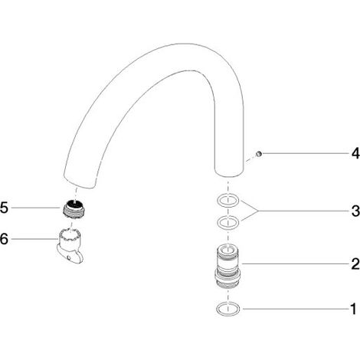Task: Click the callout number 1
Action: (x=353, y=309)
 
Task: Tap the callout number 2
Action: (x=355, y=263)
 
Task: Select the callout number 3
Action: (x=355, y=211)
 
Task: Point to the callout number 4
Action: (x=355, y=153)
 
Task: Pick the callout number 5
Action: (x=4, y=208)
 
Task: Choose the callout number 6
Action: (x=4, y=239)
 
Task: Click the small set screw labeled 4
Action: (x=259, y=154)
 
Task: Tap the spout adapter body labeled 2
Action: (x=227, y=267)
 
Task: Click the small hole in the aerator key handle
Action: (x=69, y=258)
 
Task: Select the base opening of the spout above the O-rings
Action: (x=228, y=172)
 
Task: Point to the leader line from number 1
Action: (x=296, y=309)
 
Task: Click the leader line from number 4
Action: (x=305, y=153)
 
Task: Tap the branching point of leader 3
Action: (x=258, y=211)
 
